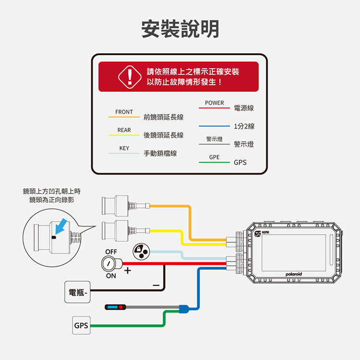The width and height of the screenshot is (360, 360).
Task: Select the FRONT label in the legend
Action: pos(124,112)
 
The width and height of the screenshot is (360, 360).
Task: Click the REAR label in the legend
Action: pos(124,130)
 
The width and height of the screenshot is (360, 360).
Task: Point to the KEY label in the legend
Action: pos(124,148)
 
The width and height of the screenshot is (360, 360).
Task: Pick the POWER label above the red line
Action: pos(214,103)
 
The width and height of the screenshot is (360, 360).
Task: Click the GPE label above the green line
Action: pos(214,157)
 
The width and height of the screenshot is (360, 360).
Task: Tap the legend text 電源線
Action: pos(244,108)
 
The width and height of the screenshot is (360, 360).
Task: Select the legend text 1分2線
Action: pos(244,127)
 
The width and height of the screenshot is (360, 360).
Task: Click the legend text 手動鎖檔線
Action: pos(160,154)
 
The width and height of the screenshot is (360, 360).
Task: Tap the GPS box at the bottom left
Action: pos(81,326)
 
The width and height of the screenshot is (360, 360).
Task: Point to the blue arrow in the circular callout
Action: pos(59,227)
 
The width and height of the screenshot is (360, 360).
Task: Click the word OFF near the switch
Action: pos(111,252)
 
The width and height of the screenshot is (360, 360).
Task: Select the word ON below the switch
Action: pos(111,276)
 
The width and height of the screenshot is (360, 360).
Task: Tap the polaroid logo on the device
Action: pos(293,274)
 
